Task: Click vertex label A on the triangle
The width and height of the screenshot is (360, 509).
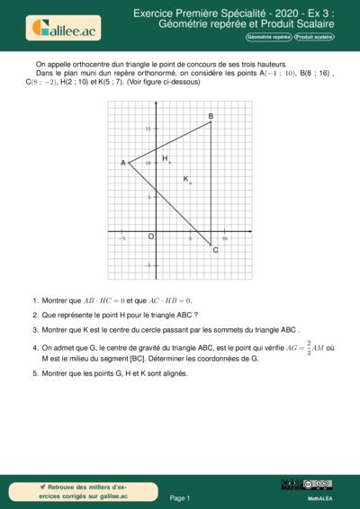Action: point(123,163)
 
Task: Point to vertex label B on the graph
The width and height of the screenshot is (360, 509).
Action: point(211,117)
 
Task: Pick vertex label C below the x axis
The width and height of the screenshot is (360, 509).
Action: point(215,249)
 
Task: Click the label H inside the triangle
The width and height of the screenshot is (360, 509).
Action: point(165,158)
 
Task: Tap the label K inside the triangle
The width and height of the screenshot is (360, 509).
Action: point(186,179)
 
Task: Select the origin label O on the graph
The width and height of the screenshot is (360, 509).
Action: point(151,237)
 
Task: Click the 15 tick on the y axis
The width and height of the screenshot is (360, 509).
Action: point(150,129)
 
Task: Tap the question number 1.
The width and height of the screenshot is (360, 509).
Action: point(33,300)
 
